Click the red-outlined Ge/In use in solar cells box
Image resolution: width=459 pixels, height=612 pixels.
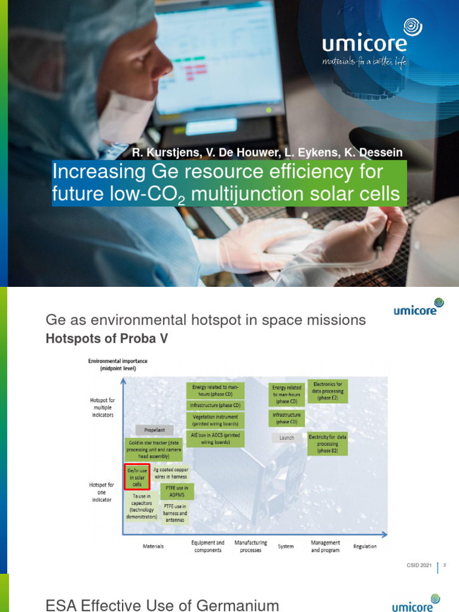click(136, 477)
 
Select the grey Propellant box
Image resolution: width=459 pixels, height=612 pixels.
click(154, 430)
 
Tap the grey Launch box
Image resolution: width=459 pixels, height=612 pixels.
click(287, 437)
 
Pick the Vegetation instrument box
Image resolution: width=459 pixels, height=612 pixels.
click(215, 419)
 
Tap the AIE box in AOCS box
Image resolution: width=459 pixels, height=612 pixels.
click(215, 439)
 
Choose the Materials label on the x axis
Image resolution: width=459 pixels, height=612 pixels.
click(153, 546)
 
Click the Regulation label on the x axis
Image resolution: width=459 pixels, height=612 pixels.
click(365, 546)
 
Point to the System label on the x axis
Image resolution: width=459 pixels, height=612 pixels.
click(286, 546)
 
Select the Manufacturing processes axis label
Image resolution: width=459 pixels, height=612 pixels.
click(250, 546)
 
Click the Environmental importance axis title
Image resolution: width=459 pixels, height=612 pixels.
click(118, 365)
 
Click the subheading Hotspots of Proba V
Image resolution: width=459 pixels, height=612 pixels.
click(107, 339)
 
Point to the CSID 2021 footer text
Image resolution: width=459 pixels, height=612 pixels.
click(418, 565)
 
